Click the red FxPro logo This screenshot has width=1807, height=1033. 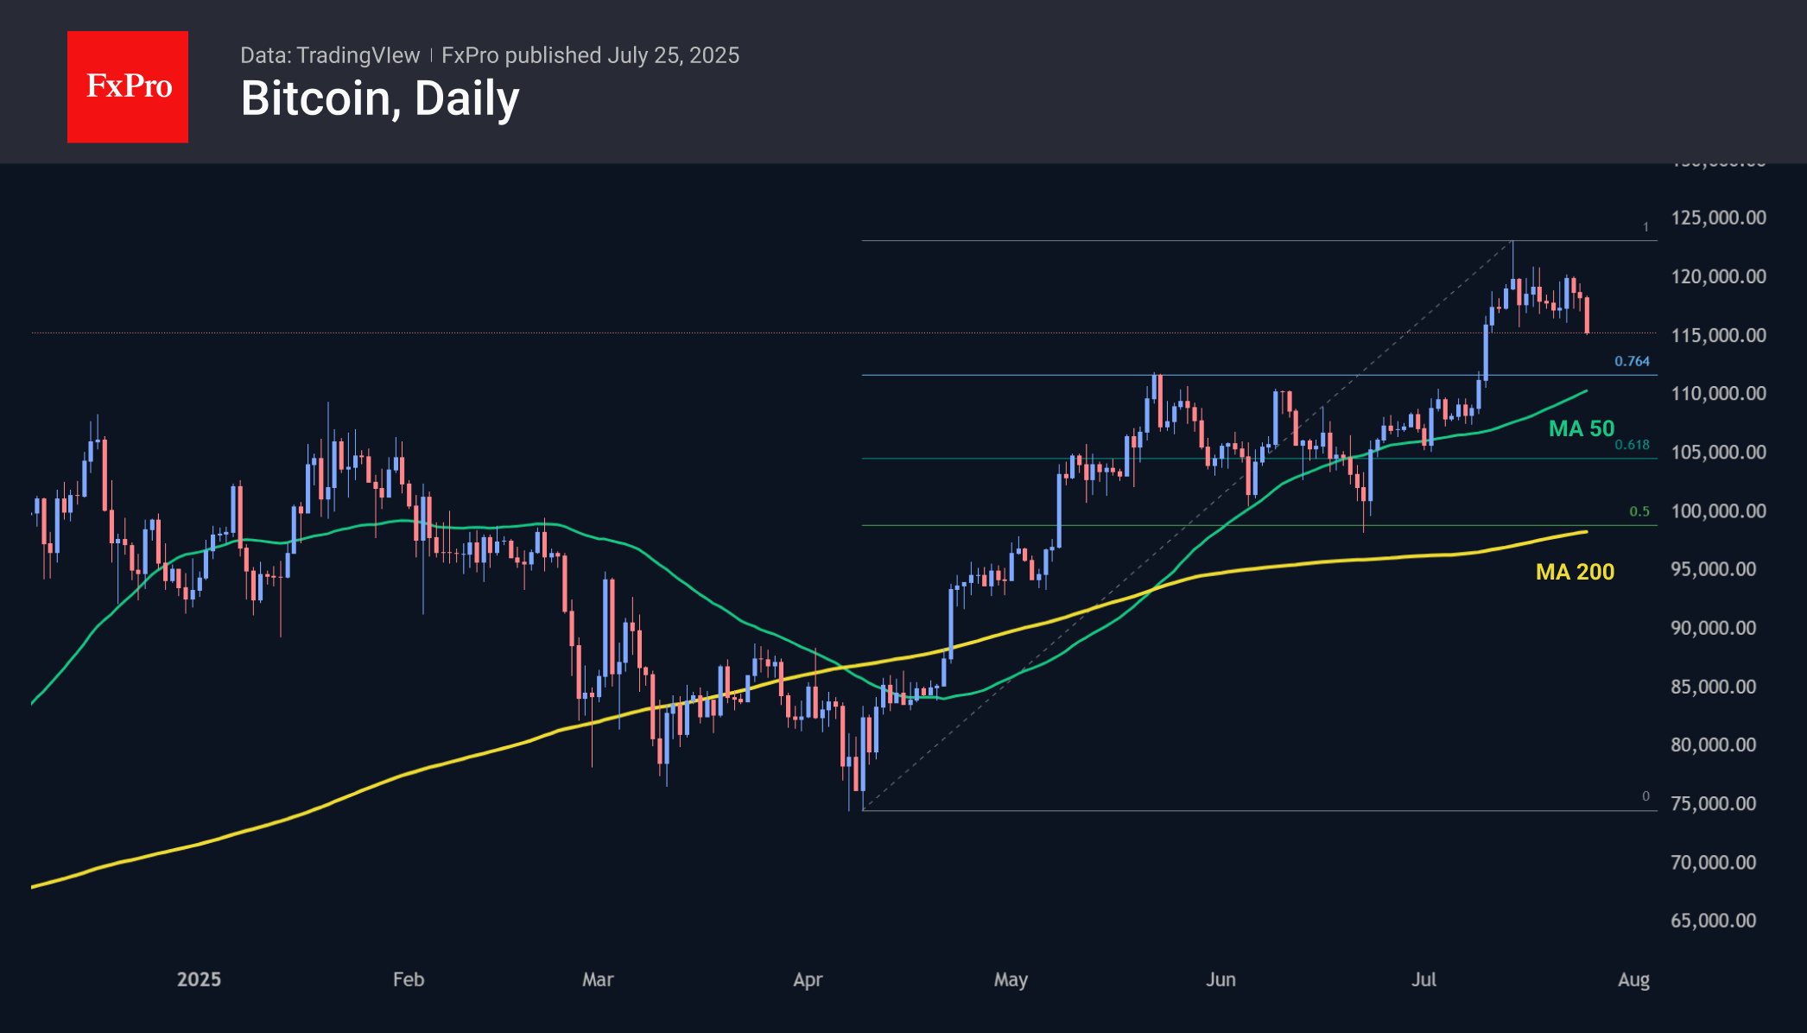(x=128, y=86)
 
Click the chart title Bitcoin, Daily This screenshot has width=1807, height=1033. (x=380, y=98)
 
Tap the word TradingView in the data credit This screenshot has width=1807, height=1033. (x=358, y=55)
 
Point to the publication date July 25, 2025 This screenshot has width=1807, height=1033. (x=673, y=55)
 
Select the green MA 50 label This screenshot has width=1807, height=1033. (x=1581, y=428)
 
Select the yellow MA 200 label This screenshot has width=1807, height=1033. (x=1575, y=572)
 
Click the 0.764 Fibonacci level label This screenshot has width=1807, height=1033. (x=1632, y=361)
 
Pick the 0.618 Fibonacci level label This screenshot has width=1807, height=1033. (x=1632, y=445)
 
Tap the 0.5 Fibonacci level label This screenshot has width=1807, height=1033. (x=1639, y=511)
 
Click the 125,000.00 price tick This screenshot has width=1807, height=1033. (x=1718, y=218)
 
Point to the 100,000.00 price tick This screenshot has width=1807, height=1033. (x=1718, y=510)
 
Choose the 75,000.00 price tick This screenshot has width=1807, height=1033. (x=1713, y=803)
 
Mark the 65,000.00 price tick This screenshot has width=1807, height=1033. (x=1713, y=921)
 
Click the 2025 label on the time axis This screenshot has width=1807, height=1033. (x=199, y=979)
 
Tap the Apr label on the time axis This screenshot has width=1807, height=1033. (x=808, y=979)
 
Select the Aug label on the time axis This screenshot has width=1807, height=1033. (x=1633, y=979)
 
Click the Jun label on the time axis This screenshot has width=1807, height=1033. (x=1221, y=979)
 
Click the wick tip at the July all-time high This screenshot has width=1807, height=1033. (x=1512, y=242)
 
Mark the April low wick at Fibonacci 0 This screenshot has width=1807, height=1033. (x=863, y=808)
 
